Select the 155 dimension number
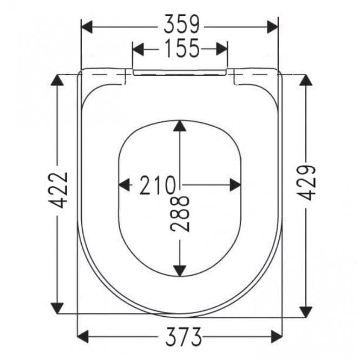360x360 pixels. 180,49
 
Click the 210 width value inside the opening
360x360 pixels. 156,185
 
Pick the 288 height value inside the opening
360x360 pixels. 181,214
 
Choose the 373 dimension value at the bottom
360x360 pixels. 180,337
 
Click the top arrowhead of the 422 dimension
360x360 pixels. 57,80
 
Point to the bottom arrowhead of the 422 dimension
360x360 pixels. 57,307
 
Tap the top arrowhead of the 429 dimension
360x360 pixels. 306,80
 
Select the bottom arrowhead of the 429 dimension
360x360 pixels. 306,311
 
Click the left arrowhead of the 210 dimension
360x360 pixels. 125,185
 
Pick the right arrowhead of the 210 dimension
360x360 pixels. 235,185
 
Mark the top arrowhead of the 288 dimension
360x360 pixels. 180,127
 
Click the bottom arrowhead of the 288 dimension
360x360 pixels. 180,269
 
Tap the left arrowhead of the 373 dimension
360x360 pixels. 84,338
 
